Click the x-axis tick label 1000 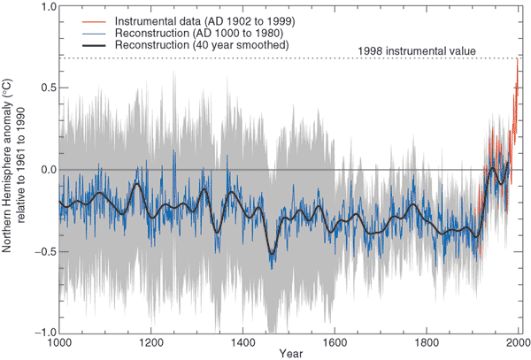click(59, 342)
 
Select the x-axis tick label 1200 click(151, 342)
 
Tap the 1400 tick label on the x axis click(243, 342)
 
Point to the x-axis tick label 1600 click(335, 342)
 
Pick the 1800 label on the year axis click(427, 342)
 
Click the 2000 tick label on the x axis click(519, 342)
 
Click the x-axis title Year click(289, 353)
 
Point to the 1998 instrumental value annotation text click(418, 51)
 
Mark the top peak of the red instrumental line click(518, 58)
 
